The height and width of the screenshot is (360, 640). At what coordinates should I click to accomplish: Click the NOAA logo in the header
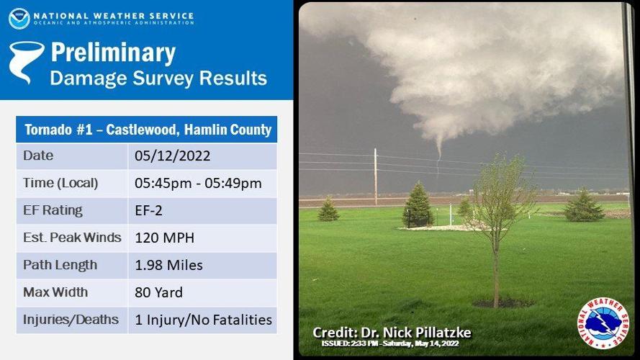tap(19, 19)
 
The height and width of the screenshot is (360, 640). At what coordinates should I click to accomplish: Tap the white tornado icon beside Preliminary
tap(26, 62)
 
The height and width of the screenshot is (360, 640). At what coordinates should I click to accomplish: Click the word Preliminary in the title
tap(113, 53)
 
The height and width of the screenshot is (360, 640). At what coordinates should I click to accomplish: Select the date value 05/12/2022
tap(172, 156)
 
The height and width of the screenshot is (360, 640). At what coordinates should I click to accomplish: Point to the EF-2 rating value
tap(148, 211)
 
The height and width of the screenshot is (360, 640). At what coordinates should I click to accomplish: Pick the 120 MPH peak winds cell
tap(164, 238)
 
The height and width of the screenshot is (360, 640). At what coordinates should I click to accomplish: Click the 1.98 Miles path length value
tap(168, 265)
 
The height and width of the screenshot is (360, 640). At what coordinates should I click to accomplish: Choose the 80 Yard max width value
tap(159, 292)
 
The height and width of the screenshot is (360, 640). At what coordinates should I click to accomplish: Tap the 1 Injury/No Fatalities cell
tap(203, 320)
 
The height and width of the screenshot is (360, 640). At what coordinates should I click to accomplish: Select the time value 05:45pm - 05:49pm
tap(198, 184)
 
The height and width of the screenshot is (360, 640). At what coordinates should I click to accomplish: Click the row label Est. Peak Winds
tap(72, 238)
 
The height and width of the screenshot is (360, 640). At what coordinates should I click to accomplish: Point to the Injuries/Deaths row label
tap(71, 320)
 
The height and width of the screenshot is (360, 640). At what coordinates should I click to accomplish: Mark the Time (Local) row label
tap(60, 184)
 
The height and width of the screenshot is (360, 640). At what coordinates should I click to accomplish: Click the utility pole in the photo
tap(376, 176)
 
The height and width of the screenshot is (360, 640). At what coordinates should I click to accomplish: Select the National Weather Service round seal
tap(603, 323)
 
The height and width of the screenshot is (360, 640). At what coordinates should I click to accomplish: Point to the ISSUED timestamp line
tap(389, 343)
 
